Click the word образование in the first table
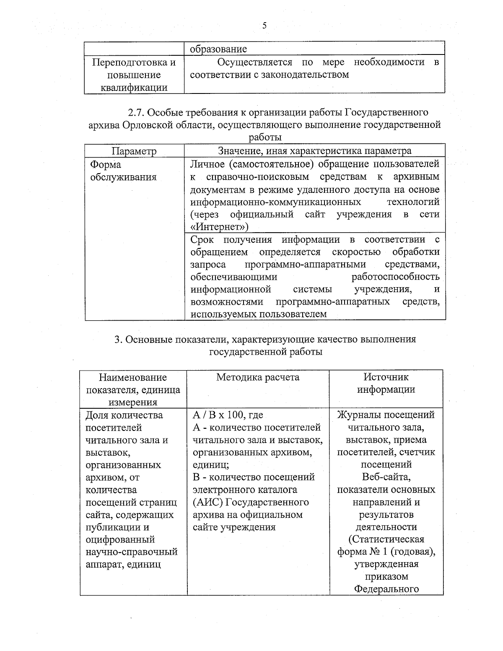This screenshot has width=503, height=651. coord(218,49)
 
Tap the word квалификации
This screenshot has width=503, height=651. coord(134,88)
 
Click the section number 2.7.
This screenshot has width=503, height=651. coord(137,112)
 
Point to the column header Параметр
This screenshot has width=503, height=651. coord(134,151)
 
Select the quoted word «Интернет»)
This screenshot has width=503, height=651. coord(219,227)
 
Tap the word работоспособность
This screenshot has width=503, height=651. coord(395,277)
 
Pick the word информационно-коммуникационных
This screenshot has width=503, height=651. coord(275,202)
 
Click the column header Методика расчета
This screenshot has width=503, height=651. coord(258,377)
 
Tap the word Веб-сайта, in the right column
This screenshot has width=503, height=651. coord(386,477)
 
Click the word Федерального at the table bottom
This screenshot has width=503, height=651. coord(386,589)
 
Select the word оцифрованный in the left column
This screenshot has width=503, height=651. coord(120,539)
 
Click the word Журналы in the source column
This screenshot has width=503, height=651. coord(358,415)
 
